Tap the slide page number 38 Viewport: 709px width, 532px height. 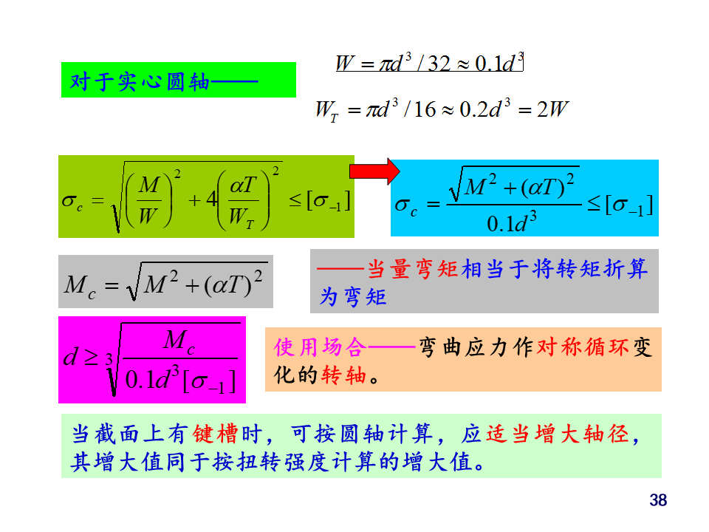point(658,501)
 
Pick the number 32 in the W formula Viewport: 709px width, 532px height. point(439,64)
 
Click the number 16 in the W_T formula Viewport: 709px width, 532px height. point(425,110)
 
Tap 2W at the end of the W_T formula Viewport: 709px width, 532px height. point(552,110)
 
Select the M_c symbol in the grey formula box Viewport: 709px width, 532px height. point(81,285)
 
